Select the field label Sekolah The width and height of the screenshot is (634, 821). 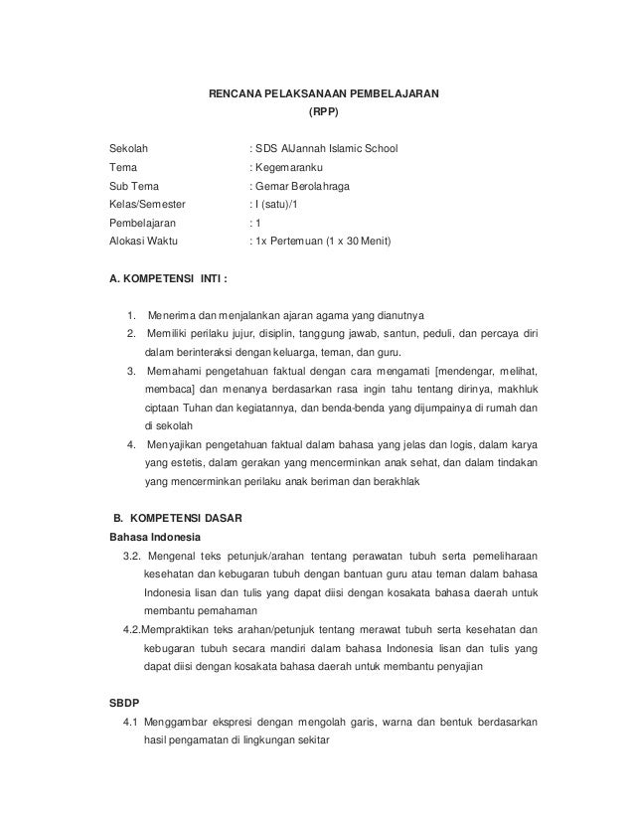[x=128, y=148]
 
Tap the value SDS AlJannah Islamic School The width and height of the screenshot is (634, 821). [x=325, y=148]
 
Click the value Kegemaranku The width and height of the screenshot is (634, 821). [x=290, y=167]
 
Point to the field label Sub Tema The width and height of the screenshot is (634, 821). [x=132, y=186]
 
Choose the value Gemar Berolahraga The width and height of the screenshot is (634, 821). [x=307, y=186]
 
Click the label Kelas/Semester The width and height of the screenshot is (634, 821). [x=147, y=205]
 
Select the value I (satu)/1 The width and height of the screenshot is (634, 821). [x=276, y=205]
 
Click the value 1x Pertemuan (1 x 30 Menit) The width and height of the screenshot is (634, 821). [x=322, y=243]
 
